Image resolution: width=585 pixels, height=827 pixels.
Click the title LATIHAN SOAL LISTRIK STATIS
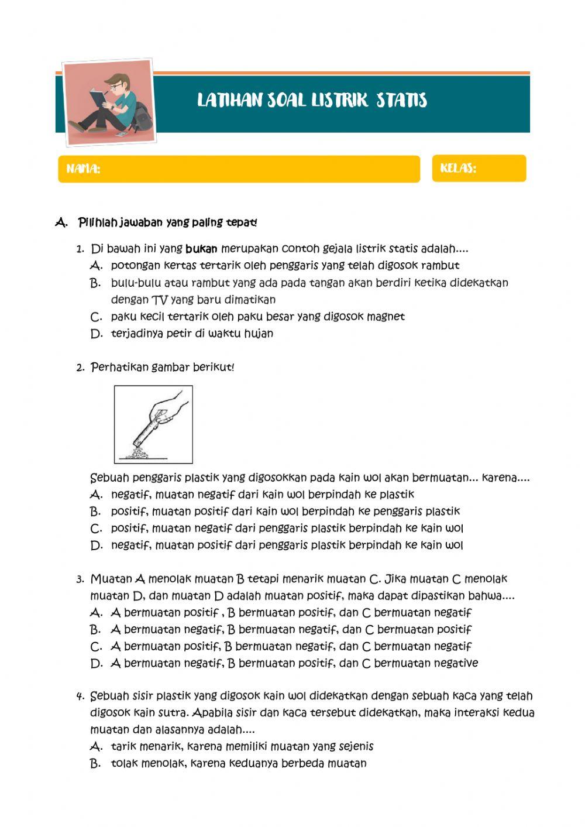pyautogui.click(x=312, y=101)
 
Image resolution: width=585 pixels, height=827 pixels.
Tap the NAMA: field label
pyautogui.click(x=83, y=169)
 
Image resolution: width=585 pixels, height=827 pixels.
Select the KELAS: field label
pyautogui.click(x=458, y=169)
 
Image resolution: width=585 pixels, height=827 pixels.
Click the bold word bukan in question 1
pyautogui.click(x=201, y=249)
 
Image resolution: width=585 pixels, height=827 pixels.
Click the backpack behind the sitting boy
pyautogui.click(x=142, y=116)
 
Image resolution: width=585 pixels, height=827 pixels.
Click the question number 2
pyautogui.click(x=80, y=368)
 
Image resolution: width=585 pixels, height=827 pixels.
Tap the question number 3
pyautogui.click(x=80, y=579)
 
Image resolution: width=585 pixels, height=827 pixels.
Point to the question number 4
pyautogui.click(x=80, y=696)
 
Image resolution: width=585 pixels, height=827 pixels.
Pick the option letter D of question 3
pyautogui.click(x=97, y=664)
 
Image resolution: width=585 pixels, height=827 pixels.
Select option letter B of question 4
pyautogui.click(x=96, y=764)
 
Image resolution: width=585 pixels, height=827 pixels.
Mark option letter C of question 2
pyautogui.click(x=97, y=529)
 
